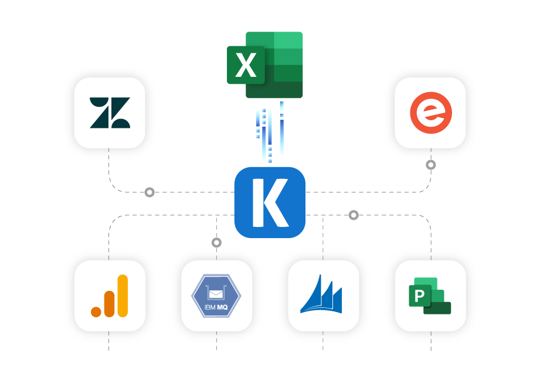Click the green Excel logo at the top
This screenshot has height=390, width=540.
265,65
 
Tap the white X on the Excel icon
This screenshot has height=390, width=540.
246,65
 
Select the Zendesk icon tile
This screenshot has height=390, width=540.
110,113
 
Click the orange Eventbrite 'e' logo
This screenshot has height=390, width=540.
430,113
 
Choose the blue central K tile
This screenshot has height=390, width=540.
270,202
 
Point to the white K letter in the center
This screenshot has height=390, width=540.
269,202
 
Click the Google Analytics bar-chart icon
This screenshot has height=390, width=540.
110,296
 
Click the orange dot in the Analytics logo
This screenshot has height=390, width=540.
96,311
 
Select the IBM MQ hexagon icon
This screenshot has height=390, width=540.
216,296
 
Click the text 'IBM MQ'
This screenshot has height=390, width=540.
216,306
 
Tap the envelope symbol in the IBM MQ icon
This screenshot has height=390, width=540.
216,291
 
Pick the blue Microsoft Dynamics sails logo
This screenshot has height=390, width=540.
322,296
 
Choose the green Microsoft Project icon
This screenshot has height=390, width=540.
430,296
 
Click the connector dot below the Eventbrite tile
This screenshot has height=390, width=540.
431,165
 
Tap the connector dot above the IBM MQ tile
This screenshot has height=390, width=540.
216,242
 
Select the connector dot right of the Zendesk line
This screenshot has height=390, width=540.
150,192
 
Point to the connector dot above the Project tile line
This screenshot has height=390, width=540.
354,215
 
